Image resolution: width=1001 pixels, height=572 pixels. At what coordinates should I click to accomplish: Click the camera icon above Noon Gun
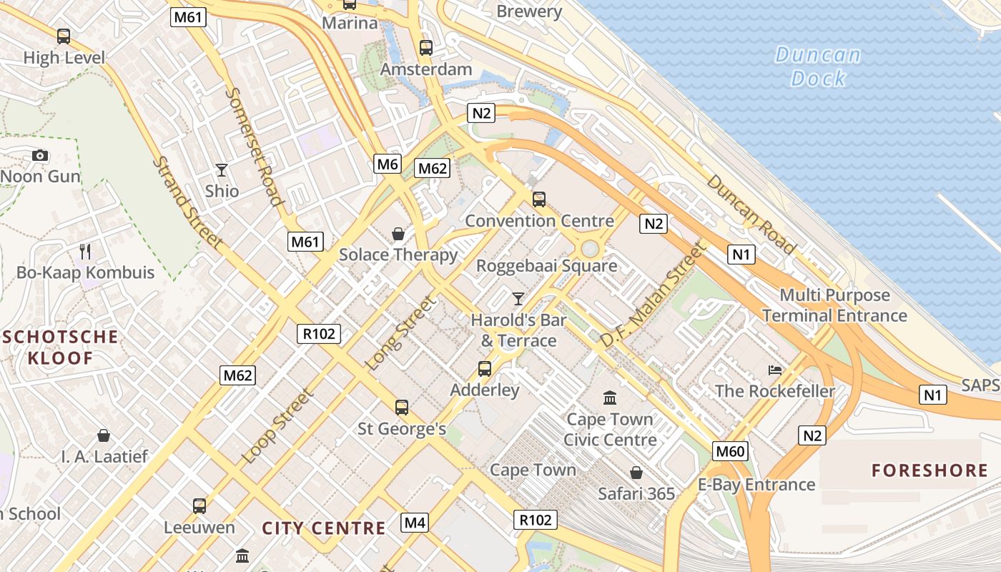coord(40,155)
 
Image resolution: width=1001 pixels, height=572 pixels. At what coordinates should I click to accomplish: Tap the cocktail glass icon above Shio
coord(222,170)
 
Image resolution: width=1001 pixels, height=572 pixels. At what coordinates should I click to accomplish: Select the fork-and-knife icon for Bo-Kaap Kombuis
coord(85,251)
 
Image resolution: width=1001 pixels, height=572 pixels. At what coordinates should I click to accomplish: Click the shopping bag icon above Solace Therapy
coord(398,234)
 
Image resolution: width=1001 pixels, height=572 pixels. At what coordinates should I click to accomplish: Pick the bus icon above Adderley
coord(485,369)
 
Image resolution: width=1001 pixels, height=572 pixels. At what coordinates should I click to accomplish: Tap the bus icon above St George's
coord(402,408)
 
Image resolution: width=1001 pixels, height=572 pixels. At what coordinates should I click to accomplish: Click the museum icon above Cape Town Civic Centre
coord(610,398)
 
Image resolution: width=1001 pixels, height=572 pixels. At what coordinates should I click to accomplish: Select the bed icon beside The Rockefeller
coord(775,370)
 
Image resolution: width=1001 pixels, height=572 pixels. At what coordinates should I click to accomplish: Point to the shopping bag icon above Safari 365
coord(636,473)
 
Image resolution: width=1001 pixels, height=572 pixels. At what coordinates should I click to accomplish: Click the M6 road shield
coord(388,164)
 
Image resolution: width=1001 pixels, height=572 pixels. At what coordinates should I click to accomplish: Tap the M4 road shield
coord(415,523)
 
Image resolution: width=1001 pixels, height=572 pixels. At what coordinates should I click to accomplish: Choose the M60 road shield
coord(731,450)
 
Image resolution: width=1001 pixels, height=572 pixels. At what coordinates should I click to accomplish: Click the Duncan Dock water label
coord(818,66)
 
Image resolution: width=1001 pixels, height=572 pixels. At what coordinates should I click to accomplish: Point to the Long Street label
coord(400,333)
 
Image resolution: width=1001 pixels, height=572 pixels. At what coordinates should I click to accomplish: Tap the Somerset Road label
coord(255,147)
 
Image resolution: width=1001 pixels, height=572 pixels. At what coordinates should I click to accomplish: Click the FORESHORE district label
coord(929,470)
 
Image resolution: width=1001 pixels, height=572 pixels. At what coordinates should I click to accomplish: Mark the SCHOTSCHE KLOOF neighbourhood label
coord(60,347)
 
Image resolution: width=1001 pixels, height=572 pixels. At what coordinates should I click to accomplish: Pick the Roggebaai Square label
coord(546,266)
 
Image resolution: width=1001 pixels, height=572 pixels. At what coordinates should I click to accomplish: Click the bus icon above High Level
coord(64,36)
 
